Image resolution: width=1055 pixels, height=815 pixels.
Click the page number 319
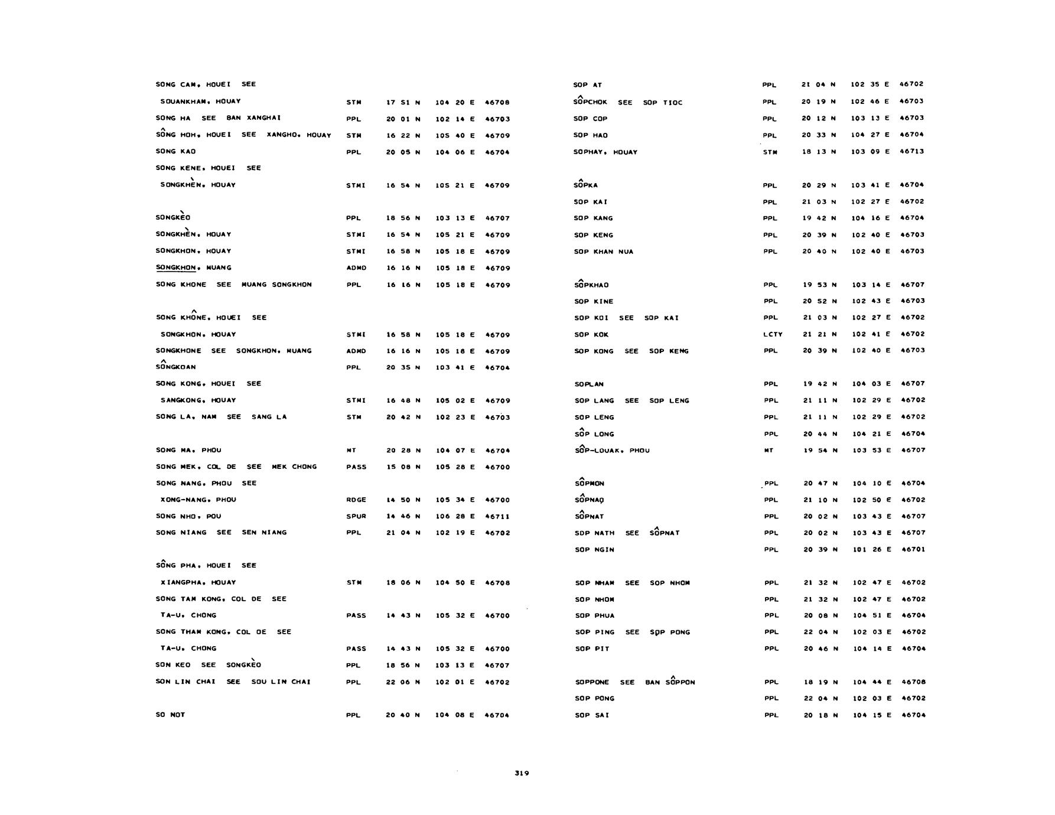(522, 773)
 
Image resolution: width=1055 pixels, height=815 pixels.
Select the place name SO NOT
(170, 715)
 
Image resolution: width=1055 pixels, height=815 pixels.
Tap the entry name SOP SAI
(592, 715)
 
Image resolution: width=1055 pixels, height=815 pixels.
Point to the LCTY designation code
(773, 334)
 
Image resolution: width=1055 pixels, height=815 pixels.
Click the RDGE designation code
(356, 500)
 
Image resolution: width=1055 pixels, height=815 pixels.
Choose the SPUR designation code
(356, 516)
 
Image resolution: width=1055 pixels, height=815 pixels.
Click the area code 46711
(497, 516)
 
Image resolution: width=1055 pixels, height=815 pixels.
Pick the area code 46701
(913, 549)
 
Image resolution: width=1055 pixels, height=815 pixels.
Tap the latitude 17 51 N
(403, 102)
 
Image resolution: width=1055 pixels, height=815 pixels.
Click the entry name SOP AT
(587, 85)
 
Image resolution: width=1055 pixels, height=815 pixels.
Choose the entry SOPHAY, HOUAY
(605, 152)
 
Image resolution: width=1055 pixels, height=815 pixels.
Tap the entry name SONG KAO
(175, 151)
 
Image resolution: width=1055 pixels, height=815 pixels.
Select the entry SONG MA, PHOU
(188, 450)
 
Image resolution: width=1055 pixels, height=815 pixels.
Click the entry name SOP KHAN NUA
(603, 252)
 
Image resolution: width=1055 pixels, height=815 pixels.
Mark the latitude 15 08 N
(403, 467)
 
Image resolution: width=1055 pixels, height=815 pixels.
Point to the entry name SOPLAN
(589, 384)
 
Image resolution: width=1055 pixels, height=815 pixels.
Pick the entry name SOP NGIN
(594, 549)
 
